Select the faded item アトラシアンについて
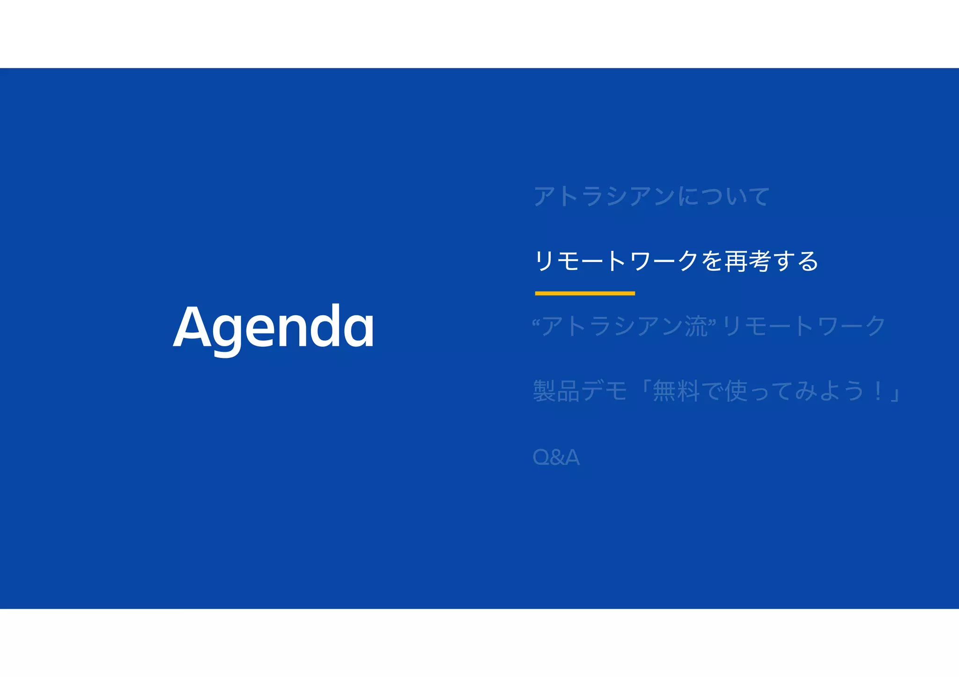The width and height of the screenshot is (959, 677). (651, 196)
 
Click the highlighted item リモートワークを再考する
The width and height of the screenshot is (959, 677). (676, 261)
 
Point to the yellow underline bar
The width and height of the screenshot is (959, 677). (585, 293)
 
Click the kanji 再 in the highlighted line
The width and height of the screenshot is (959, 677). (736, 261)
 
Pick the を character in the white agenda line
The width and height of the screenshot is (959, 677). (712, 261)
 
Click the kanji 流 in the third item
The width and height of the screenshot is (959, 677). (696, 326)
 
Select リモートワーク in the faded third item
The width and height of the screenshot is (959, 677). (804, 326)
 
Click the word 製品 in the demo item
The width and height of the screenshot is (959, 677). (556, 391)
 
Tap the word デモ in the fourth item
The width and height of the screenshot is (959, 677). (604, 391)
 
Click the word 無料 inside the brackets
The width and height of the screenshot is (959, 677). (676, 391)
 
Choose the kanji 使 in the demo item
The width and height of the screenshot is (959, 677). (736, 391)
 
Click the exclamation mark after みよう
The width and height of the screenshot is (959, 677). (878, 391)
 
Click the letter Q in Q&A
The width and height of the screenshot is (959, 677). (541, 457)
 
